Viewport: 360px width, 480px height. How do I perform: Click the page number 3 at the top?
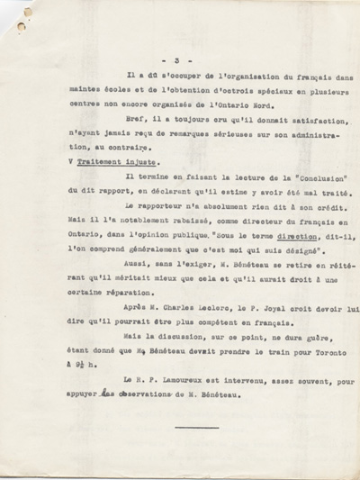189,59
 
